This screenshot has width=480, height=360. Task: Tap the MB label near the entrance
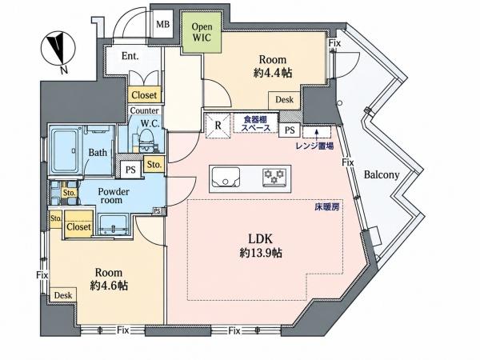(x=163, y=24)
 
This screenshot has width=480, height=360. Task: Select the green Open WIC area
(x=202, y=32)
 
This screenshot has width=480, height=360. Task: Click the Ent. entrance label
(x=130, y=56)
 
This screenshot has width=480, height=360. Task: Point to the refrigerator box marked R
(x=218, y=126)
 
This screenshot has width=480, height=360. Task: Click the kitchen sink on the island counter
(x=226, y=178)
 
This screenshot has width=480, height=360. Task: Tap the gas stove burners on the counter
(x=274, y=178)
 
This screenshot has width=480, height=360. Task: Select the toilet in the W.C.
(x=146, y=141)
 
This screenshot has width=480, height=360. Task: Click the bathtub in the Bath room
(x=65, y=150)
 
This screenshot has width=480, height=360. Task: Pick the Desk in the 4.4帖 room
(x=284, y=100)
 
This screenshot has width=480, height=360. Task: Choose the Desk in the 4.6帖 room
(x=63, y=295)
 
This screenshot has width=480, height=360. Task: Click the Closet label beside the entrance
(x=144, y=95)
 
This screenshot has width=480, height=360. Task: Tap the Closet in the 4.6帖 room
(x=78, y=226)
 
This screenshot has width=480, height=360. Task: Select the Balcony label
(x=382, y=175)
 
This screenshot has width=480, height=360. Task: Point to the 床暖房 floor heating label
(x=327, y=207)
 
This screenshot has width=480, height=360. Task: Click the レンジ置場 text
(x=314, y=146)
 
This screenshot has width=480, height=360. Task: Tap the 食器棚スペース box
(x=256, y=123)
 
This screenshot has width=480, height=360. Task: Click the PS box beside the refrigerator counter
(x=290, y=130)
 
